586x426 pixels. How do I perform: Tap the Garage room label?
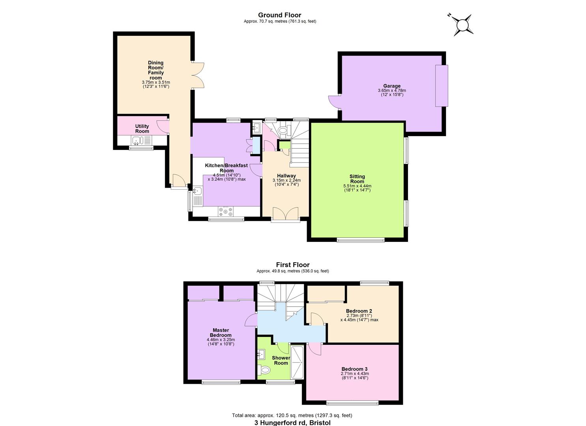pyautogui.click(x=391, y=86)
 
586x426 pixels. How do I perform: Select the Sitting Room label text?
pyautogui.click(x=357, y=179)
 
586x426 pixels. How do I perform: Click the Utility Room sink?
pyautogui.click(x=137, y=140)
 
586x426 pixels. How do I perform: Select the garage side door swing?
pyautogui.click(x=334, y=102)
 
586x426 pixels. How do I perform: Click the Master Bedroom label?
pyautogui.click(x=221, y=333)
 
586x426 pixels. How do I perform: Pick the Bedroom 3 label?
pyautogui.click(x=354, y=369)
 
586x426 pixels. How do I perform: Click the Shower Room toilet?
pyautogui.click(x=264, y=370)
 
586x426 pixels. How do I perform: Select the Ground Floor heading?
pyautogui.click(x=279, y=15)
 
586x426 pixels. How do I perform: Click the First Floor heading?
pyautogui.click(x=292, y=265)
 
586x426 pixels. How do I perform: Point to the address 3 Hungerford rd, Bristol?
pyautogui.click(x=292, y=422)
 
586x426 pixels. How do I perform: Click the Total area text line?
pyautogui.click(x=292, y=415)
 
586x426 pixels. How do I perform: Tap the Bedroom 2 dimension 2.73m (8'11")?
pyautogui.click(x=359, y=316)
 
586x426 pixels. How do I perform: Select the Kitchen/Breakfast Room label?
pyautogui.click(x=226, y=168)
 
